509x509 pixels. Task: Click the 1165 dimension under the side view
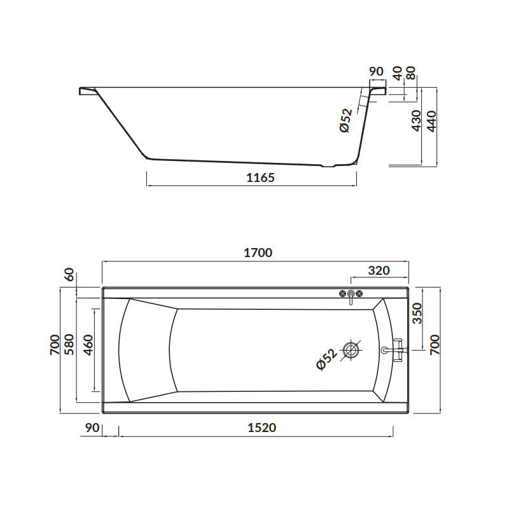260,178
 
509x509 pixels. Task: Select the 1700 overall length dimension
256,253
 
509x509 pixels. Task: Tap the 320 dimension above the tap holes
379,270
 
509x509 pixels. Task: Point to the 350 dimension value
417,312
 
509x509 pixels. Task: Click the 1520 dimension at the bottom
261,428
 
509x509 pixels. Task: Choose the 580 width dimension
69,344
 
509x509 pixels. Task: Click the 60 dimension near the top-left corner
69,277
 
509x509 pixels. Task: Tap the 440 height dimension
431,121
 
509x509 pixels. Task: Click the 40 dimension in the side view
398,73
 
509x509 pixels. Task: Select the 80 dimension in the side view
411,73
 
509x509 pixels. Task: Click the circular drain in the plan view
351,349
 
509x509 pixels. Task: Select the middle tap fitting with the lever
350,295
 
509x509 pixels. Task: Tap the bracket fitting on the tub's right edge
395,349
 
